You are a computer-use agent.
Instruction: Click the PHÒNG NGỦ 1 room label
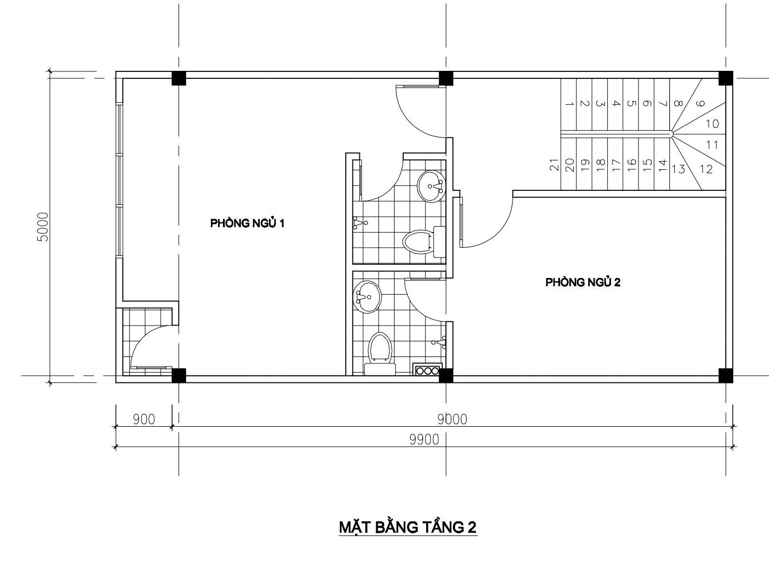247,222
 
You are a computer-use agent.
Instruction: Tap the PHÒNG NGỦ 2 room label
583,282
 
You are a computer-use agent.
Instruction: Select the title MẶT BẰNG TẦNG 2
407,527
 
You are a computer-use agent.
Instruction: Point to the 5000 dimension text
44,227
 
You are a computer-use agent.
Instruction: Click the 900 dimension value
144,419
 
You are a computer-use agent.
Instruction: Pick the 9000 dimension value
452,419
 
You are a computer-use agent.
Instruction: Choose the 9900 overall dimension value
424,439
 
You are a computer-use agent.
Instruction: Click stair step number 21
555,164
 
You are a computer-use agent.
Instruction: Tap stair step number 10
712,124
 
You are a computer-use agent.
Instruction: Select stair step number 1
569,104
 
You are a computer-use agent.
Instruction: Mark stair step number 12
706,169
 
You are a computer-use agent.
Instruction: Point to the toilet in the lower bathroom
380,354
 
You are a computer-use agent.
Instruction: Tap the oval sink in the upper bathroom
431,186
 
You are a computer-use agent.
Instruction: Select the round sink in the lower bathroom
367,297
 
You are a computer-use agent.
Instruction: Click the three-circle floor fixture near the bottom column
428,370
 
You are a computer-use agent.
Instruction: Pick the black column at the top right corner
726,78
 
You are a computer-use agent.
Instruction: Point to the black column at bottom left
179,376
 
